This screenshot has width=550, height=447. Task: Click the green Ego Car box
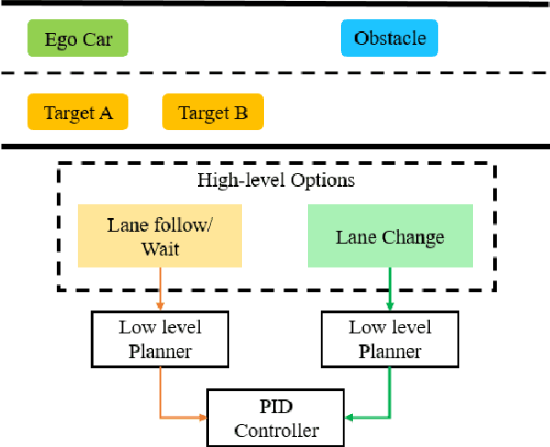(x=77, y=39)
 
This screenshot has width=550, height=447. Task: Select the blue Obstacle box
(x=390, y=39)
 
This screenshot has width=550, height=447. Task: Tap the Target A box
(x=77, y=113)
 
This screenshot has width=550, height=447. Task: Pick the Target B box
(x=213, y=113)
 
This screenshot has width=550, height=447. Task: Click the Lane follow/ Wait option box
(x=160, y=236)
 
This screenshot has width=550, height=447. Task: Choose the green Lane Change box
(x=390, y=236)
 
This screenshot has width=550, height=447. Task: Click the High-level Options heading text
(x=276, y=180)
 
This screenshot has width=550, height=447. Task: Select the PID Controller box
(x=276, y=418)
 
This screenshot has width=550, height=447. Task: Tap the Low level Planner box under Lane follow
(x=160, y=339)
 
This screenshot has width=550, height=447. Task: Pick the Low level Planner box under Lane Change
(x=390, y=339)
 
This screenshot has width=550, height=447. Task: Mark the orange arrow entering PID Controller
(x=183, y=418)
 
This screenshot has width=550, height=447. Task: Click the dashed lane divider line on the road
(x=275, y=74)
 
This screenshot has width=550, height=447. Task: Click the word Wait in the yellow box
(x=160, y=248)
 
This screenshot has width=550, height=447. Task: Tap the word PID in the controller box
(x=276, y=407)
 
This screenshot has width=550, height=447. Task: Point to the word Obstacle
(x=390, y=39)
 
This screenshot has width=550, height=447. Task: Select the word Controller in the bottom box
(x=276, y=430)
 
